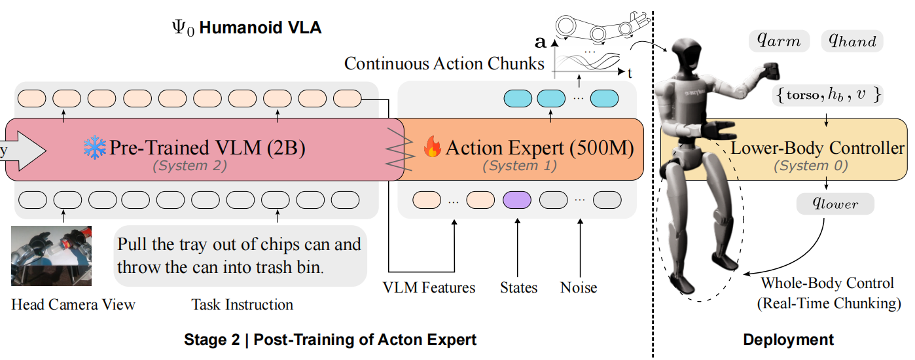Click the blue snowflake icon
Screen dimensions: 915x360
[94, 147]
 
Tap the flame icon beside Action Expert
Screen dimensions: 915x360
[433, 147]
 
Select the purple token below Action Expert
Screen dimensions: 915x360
[516, 200]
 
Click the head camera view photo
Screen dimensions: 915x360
[51, 256]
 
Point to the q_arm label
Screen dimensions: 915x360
[779, 41]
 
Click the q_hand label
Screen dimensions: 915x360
[852, 41]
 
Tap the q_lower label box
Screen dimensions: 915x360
[835, 204]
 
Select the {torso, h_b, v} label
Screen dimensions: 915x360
[827, 95]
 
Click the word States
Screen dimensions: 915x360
[518, 288]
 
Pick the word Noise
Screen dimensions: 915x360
[579, 288]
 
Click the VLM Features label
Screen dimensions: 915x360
[429, 288]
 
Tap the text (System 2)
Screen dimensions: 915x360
[190, 166]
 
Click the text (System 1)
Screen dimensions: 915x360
[520, 166]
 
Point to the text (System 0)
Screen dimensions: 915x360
[811, 166]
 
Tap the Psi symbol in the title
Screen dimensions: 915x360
[179, 27]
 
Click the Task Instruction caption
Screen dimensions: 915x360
[242, 304]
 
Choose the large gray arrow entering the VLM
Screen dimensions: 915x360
[22, 151]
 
